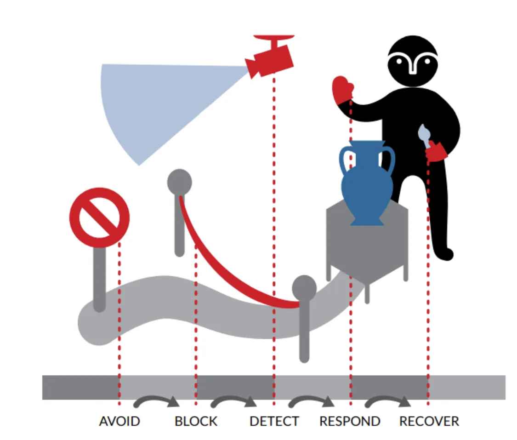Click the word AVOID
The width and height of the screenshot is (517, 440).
[119, 421]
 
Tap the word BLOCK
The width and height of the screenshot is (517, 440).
[196, 421]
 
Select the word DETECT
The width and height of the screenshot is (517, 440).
[274, 421]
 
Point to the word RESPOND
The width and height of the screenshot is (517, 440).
[350, 421]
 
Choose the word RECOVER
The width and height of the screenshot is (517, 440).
[429, 421]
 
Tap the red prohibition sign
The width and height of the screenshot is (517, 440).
[100, 217]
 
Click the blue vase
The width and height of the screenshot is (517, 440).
[367, 183]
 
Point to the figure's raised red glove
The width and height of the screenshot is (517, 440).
[343, 90]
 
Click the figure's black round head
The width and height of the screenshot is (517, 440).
[413, 61]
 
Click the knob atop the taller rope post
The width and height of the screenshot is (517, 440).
[179, 182]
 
